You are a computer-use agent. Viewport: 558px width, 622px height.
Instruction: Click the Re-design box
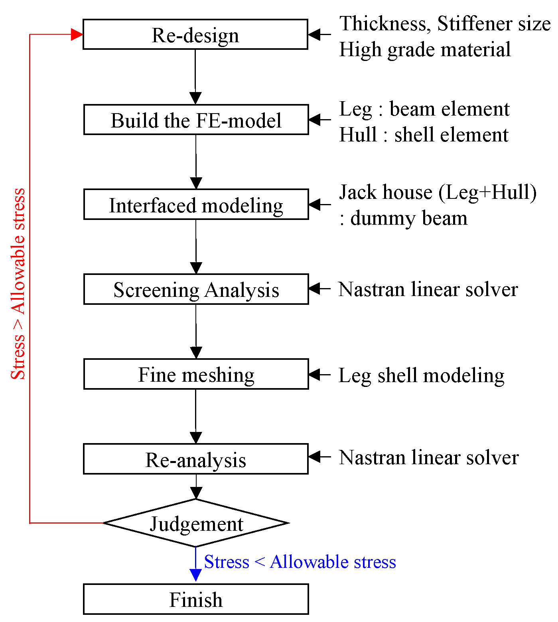click(195, 35)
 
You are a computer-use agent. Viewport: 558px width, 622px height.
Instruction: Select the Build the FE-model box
click(196, 120)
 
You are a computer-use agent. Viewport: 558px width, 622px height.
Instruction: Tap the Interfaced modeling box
click(196, 205)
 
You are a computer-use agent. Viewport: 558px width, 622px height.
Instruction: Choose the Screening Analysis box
click(196, 289)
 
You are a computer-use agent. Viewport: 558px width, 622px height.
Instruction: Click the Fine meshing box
click(196, 374)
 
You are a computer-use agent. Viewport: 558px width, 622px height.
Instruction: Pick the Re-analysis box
click(195, 459)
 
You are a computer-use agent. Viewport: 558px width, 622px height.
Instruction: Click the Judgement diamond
click(196, 523)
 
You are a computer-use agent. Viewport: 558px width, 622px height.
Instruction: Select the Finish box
click(196, 599)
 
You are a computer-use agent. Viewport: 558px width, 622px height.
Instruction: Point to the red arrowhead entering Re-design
click(77, 35)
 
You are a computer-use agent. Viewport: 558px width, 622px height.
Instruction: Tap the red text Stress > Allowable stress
click(18, 284)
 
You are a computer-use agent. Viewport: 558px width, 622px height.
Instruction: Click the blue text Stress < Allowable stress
click(300, 562)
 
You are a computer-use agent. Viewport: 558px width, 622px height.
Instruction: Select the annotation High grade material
click(425, 50)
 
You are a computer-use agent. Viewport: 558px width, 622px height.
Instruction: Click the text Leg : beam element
click(424, 109)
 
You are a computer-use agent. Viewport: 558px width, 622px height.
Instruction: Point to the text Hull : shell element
click(424, 135)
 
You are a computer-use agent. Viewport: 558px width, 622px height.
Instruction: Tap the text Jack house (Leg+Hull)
click(438, 192)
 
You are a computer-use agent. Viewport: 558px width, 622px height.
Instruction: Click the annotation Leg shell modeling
click(421, 375)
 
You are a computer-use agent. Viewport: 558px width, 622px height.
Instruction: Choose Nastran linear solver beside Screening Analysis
click(428, 289)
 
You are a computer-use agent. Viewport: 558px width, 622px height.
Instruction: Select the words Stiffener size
click(494, 24)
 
